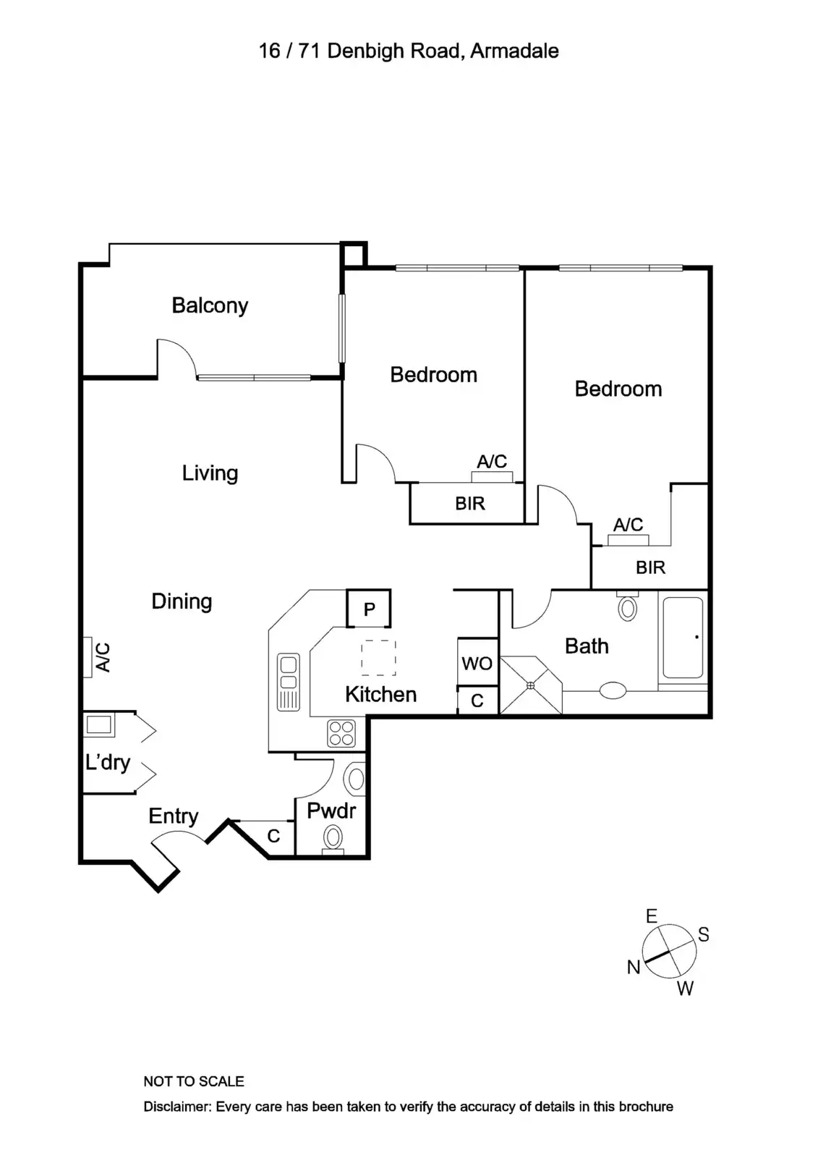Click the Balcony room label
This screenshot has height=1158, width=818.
click(210, 305)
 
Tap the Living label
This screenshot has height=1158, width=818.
click(210, 473)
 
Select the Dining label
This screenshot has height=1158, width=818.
click(182, 601)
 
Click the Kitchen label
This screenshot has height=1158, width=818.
click(380, 695)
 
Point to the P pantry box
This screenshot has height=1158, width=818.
click(369, 609)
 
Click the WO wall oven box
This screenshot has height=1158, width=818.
click(477, 663)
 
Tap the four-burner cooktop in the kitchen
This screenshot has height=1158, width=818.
click(341, 732)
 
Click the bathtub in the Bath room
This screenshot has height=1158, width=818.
click(683, 638)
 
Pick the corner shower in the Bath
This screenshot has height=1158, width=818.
click(531, 685)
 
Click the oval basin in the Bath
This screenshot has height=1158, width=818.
click(613, 690)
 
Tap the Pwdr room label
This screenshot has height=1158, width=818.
click(331, 811)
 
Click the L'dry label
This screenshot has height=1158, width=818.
click(108, 762)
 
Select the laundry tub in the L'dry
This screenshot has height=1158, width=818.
click(99, 724)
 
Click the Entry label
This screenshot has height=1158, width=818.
click(174, 816)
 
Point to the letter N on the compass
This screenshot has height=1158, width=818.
click(634, 967)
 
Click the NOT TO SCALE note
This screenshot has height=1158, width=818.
click(194, 1081)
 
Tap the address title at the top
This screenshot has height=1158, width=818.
click(409, 51)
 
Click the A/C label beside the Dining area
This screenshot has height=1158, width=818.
click(103, 657)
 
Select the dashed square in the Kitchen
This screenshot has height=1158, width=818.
click(378, 658)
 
